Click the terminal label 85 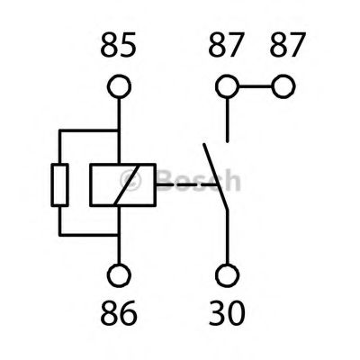click(x=119, y=45)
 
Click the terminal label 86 click(x=119, y=312)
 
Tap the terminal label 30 click(x=227, y=312)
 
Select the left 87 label click(x=225, y=45)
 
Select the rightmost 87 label click(x=288, y=45)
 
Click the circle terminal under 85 click(x=119, y=86)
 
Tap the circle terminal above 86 click(x=119, y=275)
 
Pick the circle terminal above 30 click(x=228, y=275)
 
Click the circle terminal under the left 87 click(x=228, y=86)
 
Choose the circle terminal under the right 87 click(x=283, y=86)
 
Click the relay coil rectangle click(x=122, y=185)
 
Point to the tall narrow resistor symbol click(x=60, y=185)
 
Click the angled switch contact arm click(x=216, y=177)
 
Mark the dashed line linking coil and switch click(x=186, y=184)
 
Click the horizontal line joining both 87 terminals click(x=256, y=86)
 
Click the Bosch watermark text click(x=199, y=179)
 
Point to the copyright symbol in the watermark click(x=130, y=180)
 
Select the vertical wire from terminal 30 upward click(x=228, y=238)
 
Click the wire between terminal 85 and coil click(x=119, y=131)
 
